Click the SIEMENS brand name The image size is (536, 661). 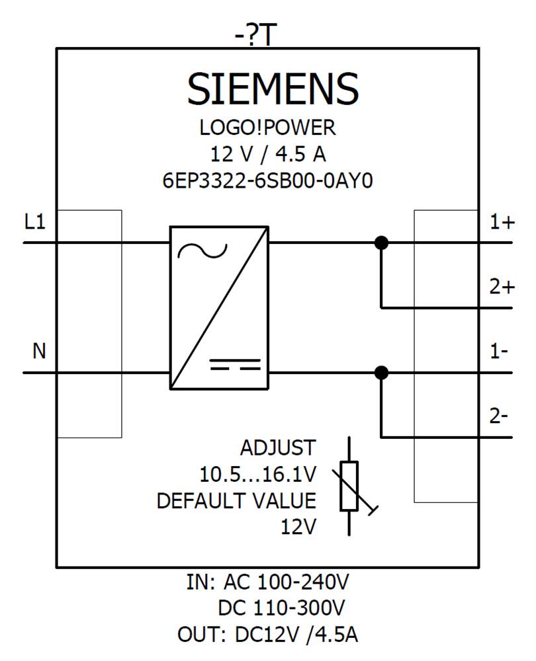coord(273,89)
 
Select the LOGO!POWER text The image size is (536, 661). coord(268,127)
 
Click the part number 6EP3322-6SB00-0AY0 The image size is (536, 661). coord(267,180)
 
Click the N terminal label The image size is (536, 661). coord(39,351)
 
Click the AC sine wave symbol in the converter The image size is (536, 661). coord(202,251)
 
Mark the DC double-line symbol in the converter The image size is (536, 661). coord(235,364)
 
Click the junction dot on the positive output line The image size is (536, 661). coord(381,243)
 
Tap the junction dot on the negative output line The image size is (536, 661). coord(381,373)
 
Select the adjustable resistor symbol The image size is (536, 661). coord(349,486)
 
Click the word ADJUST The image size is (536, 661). coord(278,448)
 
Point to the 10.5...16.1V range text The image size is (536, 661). coord(258,475)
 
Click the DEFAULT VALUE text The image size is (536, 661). coord(236,501)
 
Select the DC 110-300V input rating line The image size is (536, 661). coord(281,607)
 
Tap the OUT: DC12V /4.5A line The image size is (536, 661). coord(268,635)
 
